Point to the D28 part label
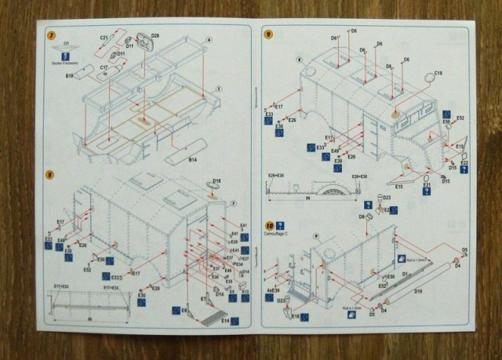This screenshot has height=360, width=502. pyautogui.click(x=155, y=36)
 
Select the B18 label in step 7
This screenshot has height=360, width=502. pyautogui.click(x=70, y=76)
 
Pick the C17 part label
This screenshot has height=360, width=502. pyautogui.click(x=104, y=68)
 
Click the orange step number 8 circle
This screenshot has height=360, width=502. pyautogui.click(x=51, y=173)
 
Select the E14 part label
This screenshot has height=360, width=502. pyautogui.click(x=225, y=321)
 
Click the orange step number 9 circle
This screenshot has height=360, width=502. pyautogui.click(x=268, y=35)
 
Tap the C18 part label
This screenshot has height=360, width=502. pyautogui.click(x=437, y=72)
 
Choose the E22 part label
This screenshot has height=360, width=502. pyautogui.click(x=464, y=162)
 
